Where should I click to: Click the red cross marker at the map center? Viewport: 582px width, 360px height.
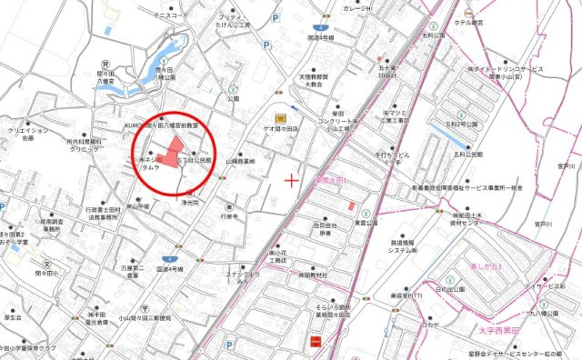[x=291, y=180]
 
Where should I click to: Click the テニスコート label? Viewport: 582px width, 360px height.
[x=166, y=16]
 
